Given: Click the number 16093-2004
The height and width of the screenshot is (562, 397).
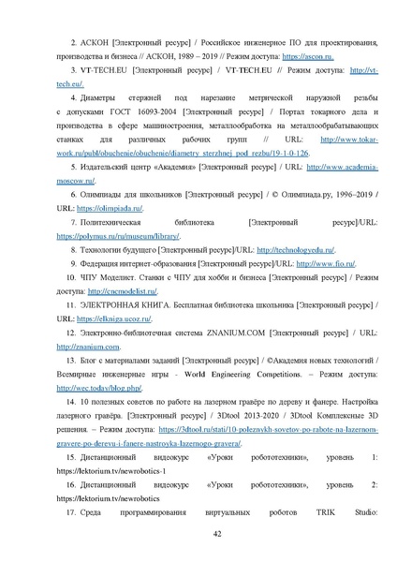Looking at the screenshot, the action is point(138,111).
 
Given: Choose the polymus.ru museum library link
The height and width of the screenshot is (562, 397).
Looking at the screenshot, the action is point(126,236).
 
